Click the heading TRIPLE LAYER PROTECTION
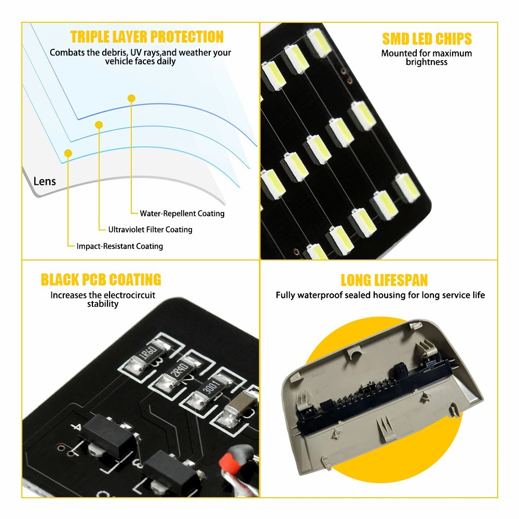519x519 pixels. (147, 37)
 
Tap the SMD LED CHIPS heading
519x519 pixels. (427, 39)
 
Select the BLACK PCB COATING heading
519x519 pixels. (101, 280)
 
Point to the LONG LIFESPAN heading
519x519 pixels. (384, 280)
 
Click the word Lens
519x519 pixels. (45, 181)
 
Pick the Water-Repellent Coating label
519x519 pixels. (182, 213)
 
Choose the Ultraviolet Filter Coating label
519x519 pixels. (151, 229)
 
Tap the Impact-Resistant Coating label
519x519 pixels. (120, 246)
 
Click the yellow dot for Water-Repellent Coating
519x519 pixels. (131, 98)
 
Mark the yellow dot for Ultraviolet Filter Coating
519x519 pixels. (99, 125)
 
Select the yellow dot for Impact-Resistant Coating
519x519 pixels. (68, 153)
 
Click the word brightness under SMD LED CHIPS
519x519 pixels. (426, 62)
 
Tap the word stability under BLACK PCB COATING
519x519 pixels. (103, 304)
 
